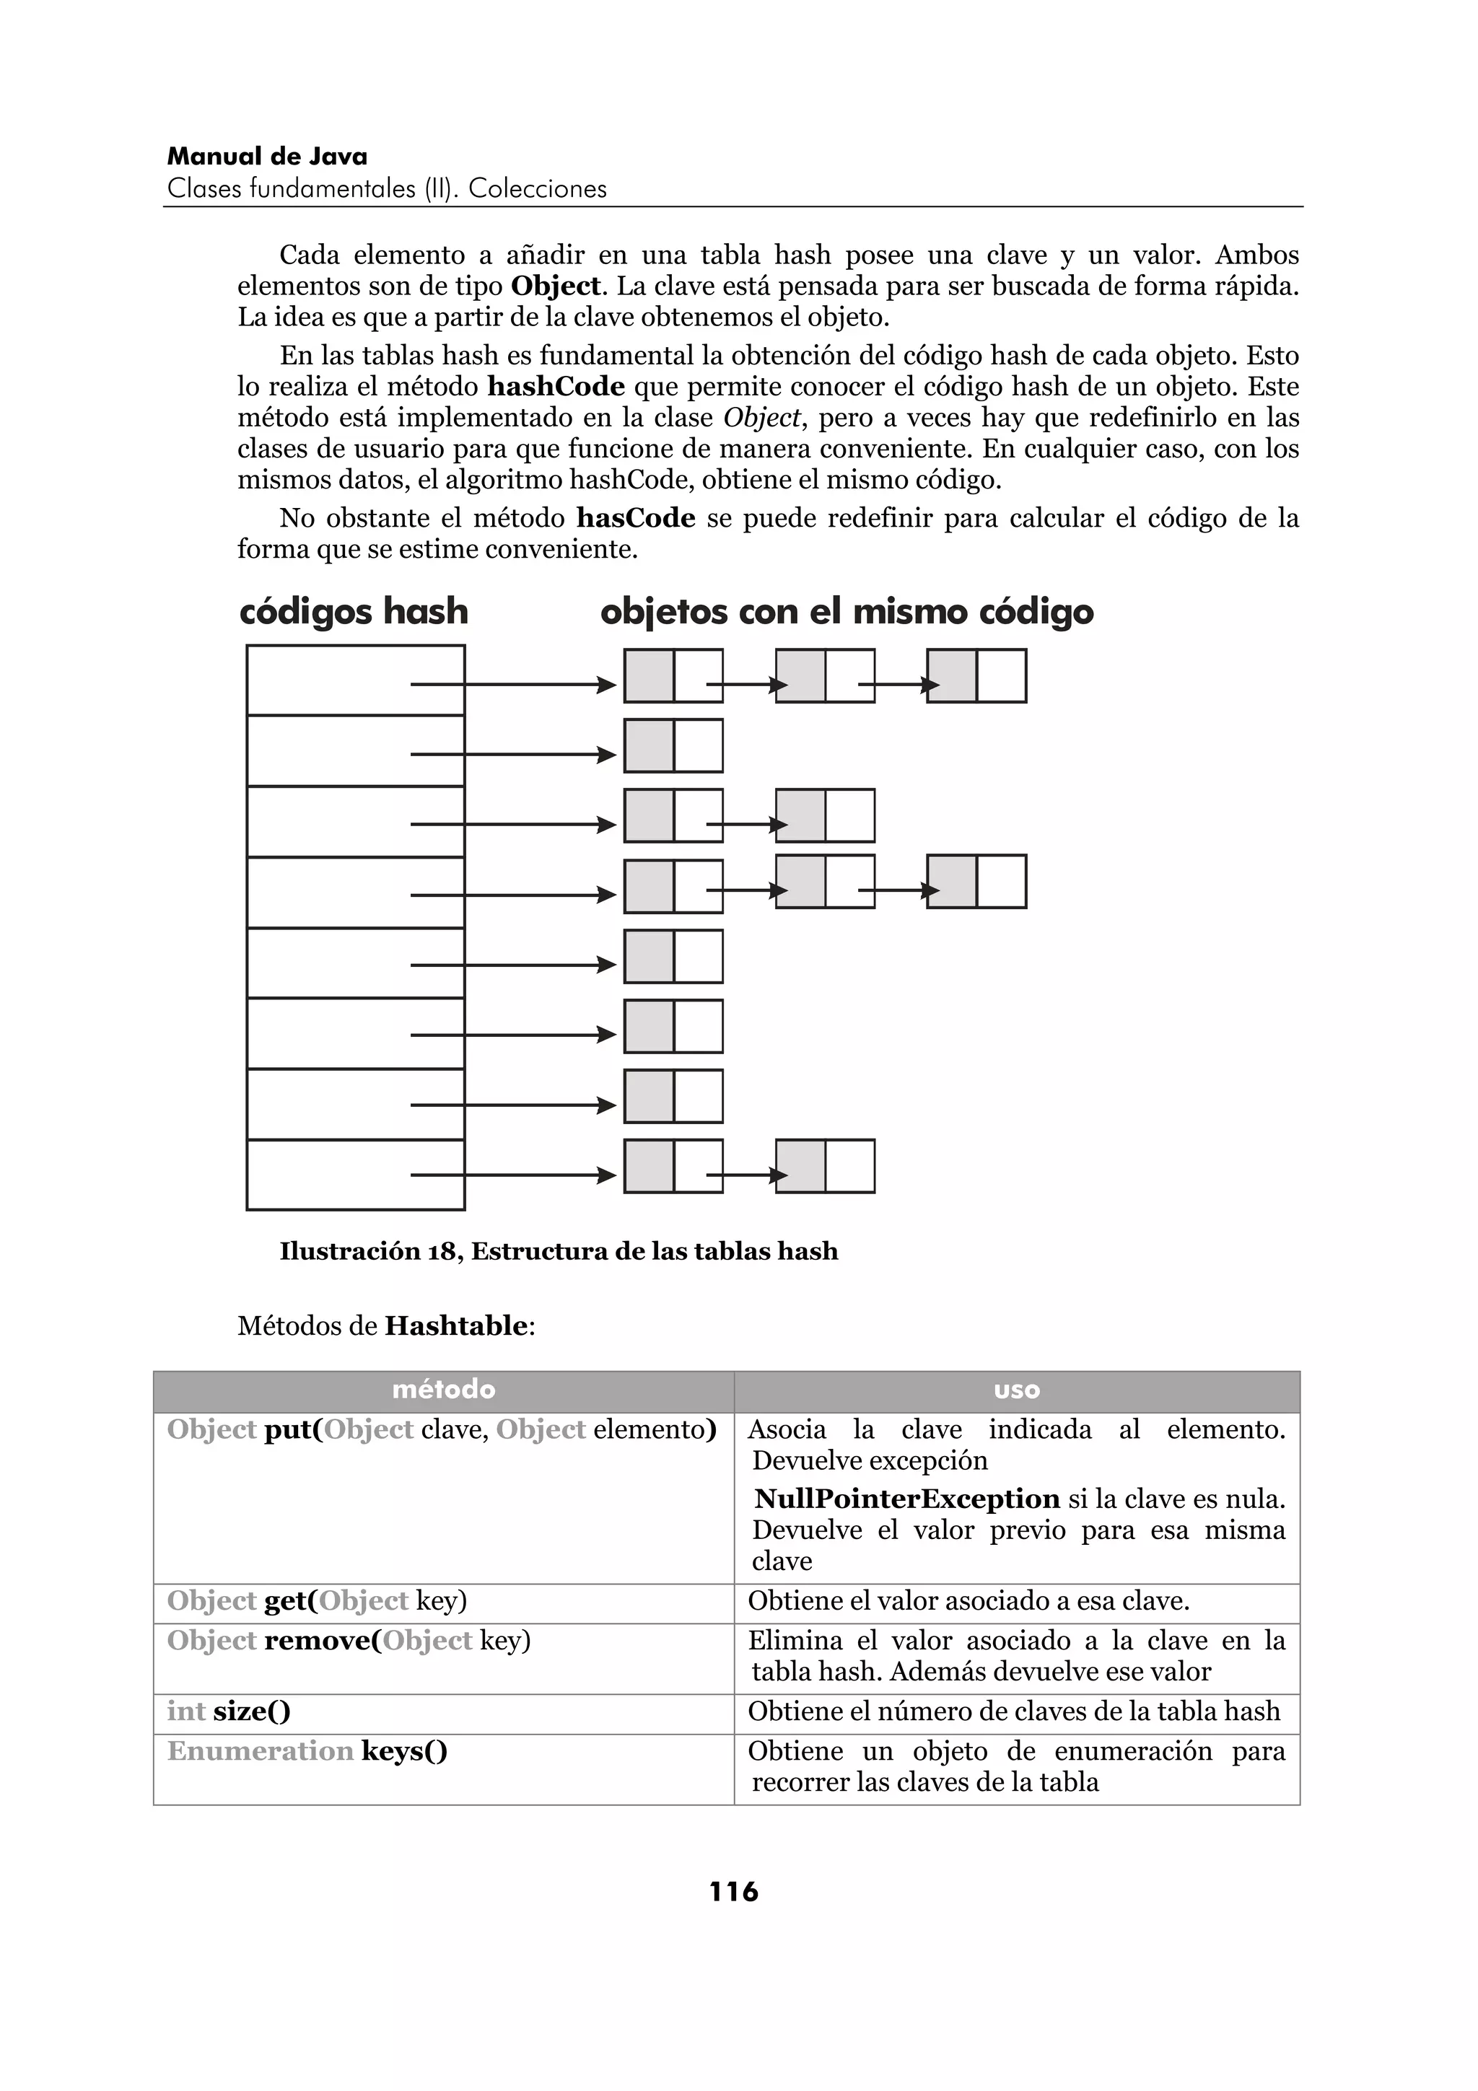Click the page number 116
(x=733, y=1893)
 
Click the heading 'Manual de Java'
(x=267, y=157)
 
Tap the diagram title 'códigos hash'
(x=354, y=611)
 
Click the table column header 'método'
(x=444, y=1390)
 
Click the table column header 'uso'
(x=1016, y=1390)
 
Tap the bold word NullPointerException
(x=907, y=1499)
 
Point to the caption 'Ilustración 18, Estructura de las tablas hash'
(x=559, y=1251)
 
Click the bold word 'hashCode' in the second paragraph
(x=556, y=386)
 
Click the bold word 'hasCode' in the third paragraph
(x=636, y=518)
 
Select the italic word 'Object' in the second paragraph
(x=762, y=418)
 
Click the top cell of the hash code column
(x=355, y=680)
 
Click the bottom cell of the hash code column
(x=355, y=1175)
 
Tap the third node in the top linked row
(x=976, y=676)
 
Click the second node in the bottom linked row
(x=825, y=1166)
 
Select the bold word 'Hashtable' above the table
(x=455, y=1326)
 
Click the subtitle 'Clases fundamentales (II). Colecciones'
(x=387, y=190)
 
